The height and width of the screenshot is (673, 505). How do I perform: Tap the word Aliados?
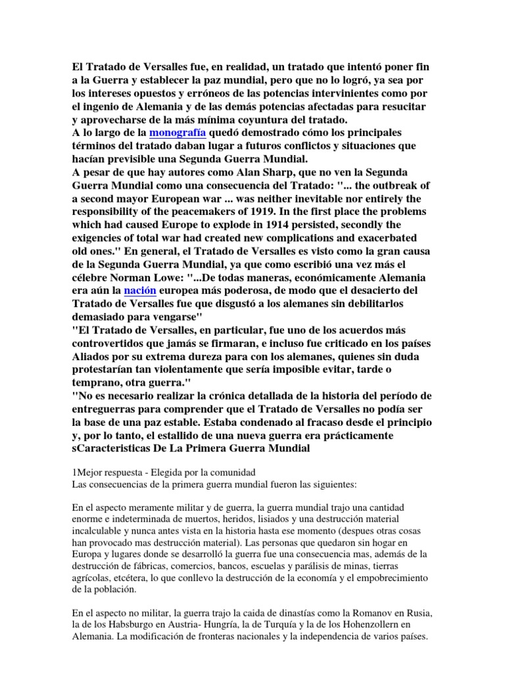coord(93,357)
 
